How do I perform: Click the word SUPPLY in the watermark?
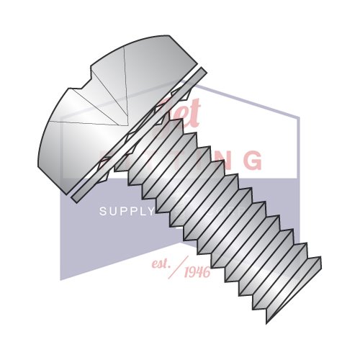click(x=126, y=211)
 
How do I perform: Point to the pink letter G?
click(x=252, y=160)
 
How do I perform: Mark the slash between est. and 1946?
click(x=178, y=266)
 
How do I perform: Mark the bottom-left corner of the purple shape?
click(x=60, y=279)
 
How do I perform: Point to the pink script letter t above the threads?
click(x=194, y=112)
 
